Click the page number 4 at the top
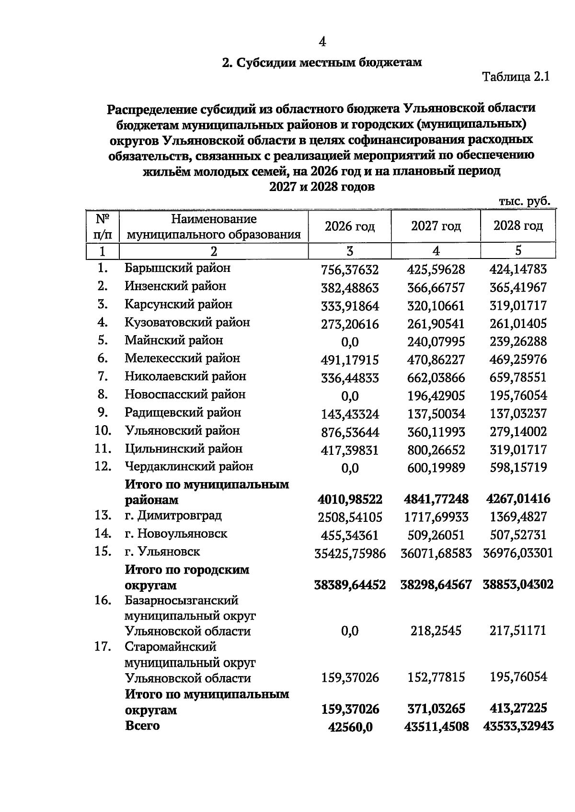click(322, 42)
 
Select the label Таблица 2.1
click(515, 77)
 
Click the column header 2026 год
click(349, 226)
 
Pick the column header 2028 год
click(518, 226)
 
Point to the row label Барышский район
click(177, 268)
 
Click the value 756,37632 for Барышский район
click(349, 270)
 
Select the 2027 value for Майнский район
click(436, 342)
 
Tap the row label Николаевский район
click(185, 376)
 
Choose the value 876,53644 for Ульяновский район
click(349, 432)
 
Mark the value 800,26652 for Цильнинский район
click(436, 450)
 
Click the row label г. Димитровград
click(173, 516)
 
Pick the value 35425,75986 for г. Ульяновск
click(350, 553)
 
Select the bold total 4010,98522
click(350, 500)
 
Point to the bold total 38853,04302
click(518, 585)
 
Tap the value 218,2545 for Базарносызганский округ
click(436, 631)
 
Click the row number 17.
click(103, 647)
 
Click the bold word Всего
click(142, 725)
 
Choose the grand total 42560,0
click(350, 727)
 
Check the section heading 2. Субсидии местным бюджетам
click(322, 63)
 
